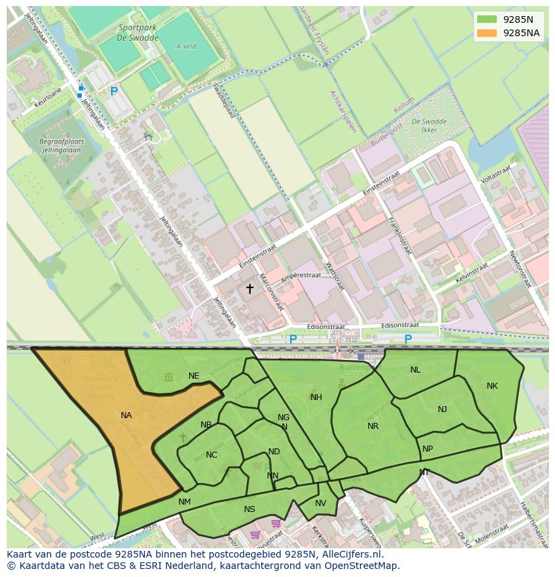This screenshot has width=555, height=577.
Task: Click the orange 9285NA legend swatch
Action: pyautogui.click(x=487, y=33)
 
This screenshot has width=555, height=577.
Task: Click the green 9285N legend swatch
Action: pyautogui.click(x=487, y=19)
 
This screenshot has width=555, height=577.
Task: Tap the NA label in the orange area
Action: pyautogui.click(x=126, y=415)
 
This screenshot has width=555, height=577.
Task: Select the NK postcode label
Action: pyautogui.click(x=492, y=386)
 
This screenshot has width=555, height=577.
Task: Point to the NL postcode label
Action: pyautogui.click(x=416, y=370)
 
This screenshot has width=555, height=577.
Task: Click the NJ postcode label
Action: pyautogui.click(x=442, y=409)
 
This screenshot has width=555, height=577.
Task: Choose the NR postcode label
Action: pyautogui.click(x=373, y=426)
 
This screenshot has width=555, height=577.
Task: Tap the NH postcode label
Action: pyautogui.click(x=316, y=397)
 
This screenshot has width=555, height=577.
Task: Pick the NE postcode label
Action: pyautogui.click(x=194, y=376)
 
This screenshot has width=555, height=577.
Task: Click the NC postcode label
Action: pyautogui.click(x=211, y=455)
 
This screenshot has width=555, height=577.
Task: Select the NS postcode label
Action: pyautogui.click(x=249, y=509)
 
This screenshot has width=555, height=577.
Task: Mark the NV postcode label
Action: pyautogui.click(x=320, y=503)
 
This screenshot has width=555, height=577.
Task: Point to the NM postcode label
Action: pyautogui.click(x=184, y=502)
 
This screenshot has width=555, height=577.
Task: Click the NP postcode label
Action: pyautogui.click(x=428, y=449)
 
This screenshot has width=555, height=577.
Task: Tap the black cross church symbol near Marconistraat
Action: pyautogui.click(x=250, y=289)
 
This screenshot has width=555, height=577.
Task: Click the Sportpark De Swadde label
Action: pyautogui.click(x=138, y=33)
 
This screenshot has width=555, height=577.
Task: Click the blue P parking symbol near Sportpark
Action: pyautogui.click(x=114, y=91)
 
